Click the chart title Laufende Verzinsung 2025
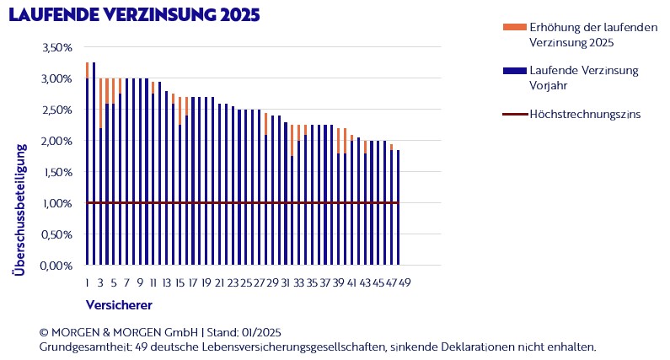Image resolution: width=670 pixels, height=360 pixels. (x=133, y=15)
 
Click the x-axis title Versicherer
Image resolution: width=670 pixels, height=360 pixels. (x=119, y=303)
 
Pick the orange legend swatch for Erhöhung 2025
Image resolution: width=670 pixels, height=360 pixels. (x=512, y=28)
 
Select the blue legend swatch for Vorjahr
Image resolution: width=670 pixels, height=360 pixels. (x=512, y=70)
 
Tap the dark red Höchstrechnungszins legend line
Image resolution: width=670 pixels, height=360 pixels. (x=512, y=113)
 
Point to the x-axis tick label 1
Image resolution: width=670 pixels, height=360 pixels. (x=87, y=282)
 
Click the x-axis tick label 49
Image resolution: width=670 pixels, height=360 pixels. (x=405, y=282)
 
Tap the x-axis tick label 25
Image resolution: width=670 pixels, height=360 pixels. (x=246, y=282)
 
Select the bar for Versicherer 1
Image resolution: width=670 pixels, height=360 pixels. (x=87, y=169)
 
